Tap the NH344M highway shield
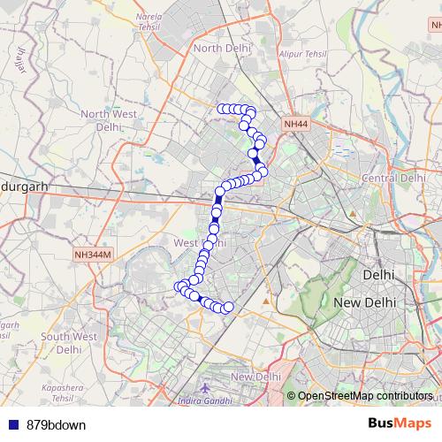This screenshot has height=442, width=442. coord(92,255)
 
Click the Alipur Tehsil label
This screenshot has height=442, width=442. coord(303,54)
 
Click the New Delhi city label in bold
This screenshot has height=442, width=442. coord(369,302)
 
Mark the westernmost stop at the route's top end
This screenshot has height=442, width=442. coord(221,109)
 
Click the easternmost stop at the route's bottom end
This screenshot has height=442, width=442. coord(228,307)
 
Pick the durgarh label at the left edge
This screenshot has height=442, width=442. coord(23,187)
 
